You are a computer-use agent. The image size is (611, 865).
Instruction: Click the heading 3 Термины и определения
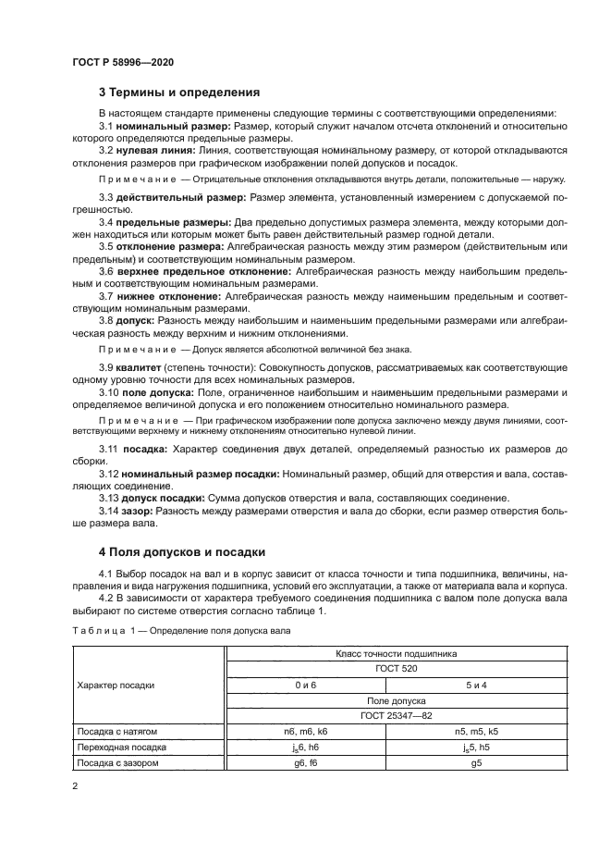179,93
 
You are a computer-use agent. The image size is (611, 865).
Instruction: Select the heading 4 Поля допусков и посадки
181,552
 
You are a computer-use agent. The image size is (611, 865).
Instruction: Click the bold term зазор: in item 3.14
137,509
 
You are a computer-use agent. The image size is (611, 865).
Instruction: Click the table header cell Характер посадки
116,686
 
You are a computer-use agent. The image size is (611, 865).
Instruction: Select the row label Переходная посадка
122,747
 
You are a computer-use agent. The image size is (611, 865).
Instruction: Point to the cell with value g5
476,762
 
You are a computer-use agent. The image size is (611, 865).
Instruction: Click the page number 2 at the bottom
75,785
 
